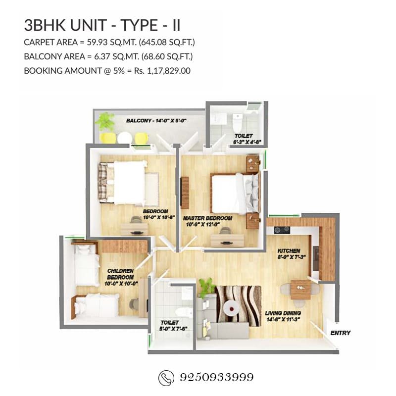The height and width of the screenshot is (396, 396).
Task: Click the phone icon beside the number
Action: pyautogui.click(x=165, y=378)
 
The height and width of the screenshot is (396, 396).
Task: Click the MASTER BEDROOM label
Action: pyautogui.click(x=207, y=218)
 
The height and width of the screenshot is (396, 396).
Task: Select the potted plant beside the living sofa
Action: pyautogui.click(x=206, y=287)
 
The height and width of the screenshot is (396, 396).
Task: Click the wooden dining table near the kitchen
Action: pyautogui.click(x=300, y=289)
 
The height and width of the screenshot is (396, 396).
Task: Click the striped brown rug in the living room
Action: pyautogui.click(x=238, y=305)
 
